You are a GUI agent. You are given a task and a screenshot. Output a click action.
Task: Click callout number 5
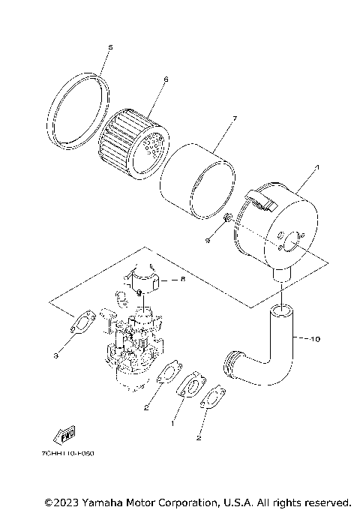pyautogui.click(x=109, y=47)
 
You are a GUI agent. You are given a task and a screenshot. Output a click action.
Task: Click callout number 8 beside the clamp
pyautogui.click(x=181, y=277)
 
